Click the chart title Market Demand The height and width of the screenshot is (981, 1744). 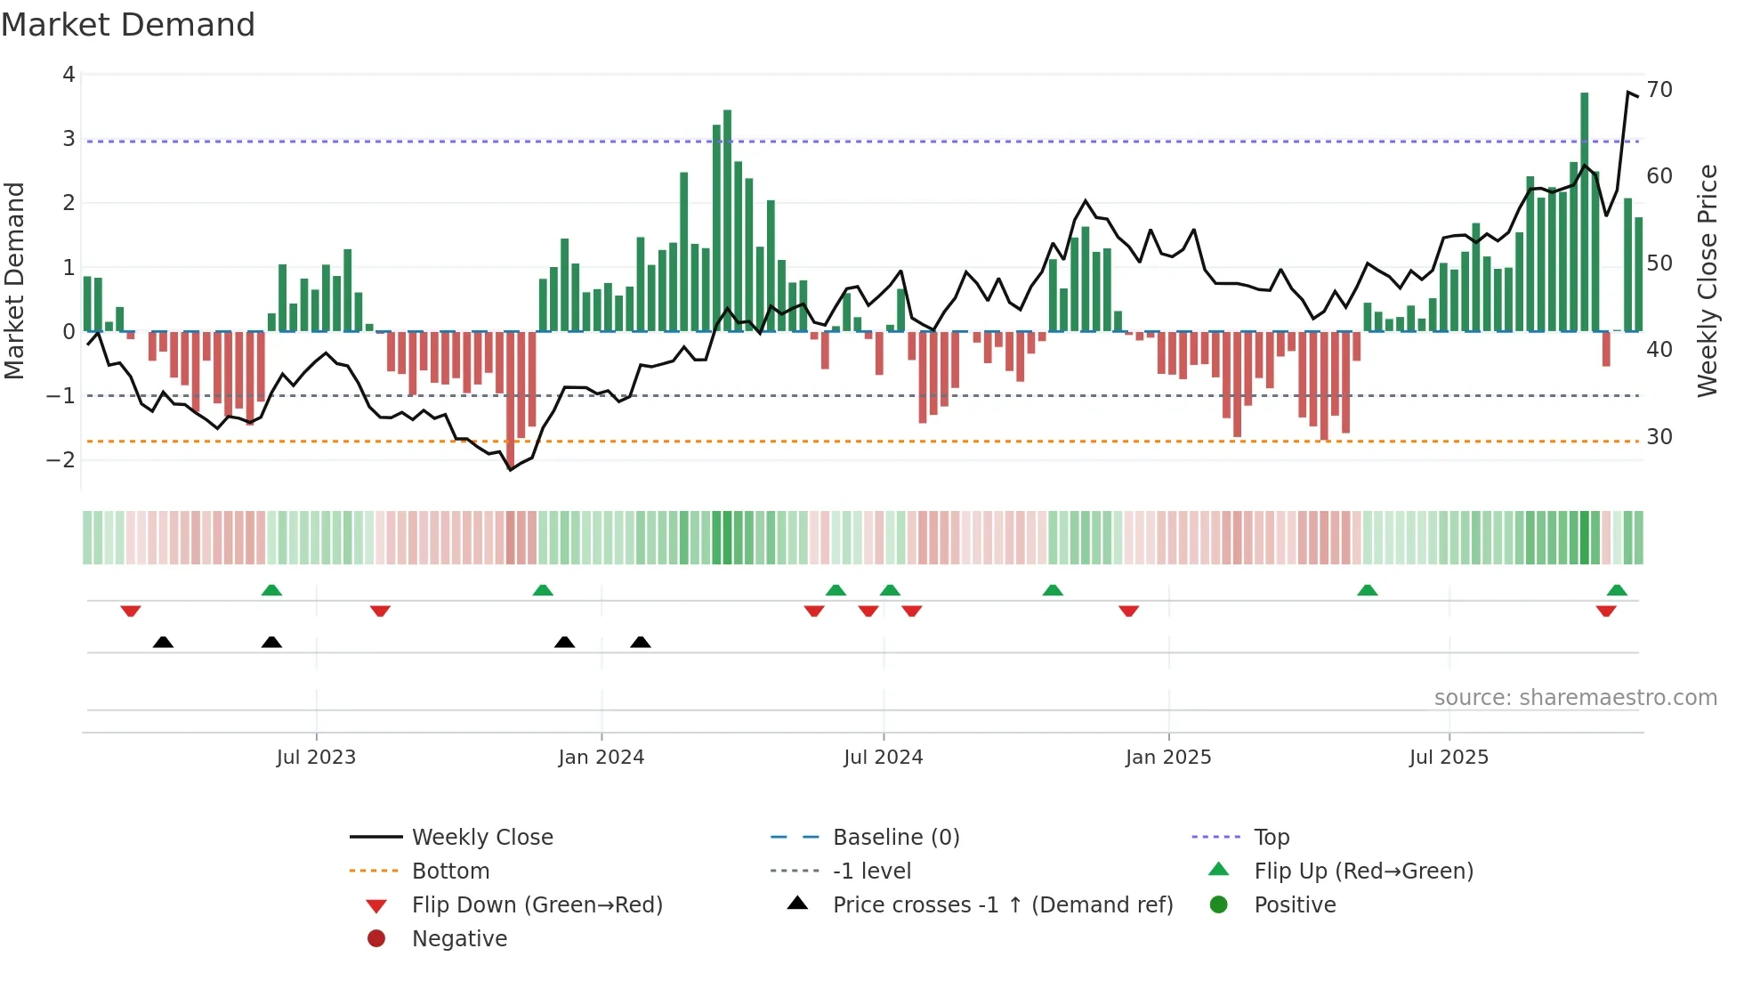tap(128, 25)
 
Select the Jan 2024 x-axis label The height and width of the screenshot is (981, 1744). tap(601, 758)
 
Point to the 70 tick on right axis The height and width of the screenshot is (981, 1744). tap(1659, 90)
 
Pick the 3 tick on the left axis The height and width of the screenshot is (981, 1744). tap(69, 139)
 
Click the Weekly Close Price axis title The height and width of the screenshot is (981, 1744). tap(1707, 280)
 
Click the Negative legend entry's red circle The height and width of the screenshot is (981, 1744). tap(376, 939)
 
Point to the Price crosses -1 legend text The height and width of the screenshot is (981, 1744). tap(1002, 905)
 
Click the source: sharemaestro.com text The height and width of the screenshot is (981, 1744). tap(1575, 698)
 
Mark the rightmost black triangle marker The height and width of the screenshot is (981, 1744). tap(641, 642)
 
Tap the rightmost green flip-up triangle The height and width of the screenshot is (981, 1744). tap(1617, 590)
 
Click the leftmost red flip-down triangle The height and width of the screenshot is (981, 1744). tap(131, 611)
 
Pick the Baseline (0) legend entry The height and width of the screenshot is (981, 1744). tap(895, 838)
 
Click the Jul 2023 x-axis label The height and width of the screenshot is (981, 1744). tap(316, 758)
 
